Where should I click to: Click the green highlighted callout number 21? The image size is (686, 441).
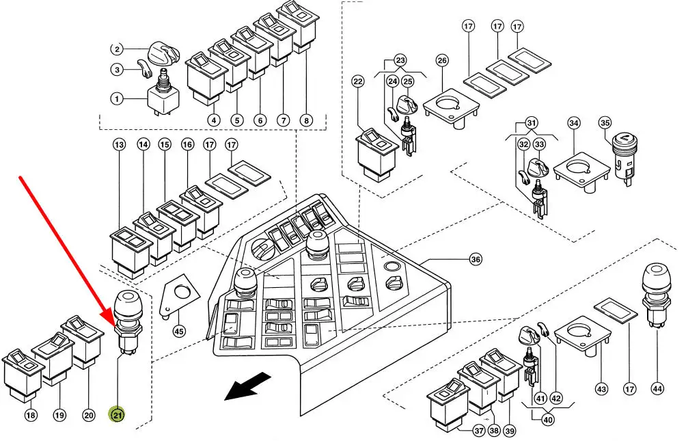click(x=118, y=414)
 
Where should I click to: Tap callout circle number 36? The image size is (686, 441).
click(x=475, y=260)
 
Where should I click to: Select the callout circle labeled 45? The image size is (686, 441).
click(x=179, y=331)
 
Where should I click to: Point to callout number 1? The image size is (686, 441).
click(x=118, y=99)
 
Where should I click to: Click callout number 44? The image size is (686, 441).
click(x=657, y=388)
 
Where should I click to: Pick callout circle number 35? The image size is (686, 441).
click(x=605, y=123)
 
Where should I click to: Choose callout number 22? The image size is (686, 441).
click(x=358, y=81)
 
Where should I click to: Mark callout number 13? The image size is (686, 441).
click(x=120, y=145)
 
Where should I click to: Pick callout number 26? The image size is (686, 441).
click(x=442, y=61)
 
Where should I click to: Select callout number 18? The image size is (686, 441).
click(x=30, y=415)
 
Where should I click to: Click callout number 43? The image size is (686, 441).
click(x=601, y=388)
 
